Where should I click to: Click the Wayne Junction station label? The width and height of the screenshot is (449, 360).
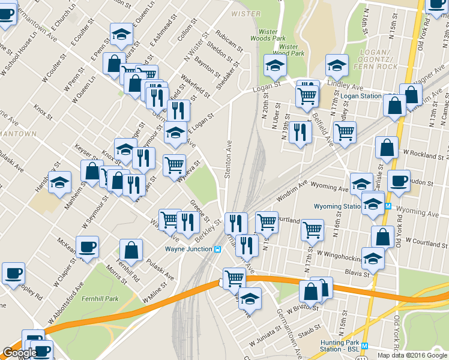click(x=188, y=248)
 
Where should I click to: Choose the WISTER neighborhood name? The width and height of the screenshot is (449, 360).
click(x=246, y=13)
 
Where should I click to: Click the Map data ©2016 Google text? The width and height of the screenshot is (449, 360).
click(x=412, y=355)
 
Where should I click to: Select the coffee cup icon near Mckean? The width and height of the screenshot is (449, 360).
click(x=87, y=246)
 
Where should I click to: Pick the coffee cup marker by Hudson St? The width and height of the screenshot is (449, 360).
click(x=399, y=181)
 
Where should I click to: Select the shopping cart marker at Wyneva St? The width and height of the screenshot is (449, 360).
click(x=174, y=164)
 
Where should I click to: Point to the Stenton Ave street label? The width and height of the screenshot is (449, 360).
click(x=228, y=159)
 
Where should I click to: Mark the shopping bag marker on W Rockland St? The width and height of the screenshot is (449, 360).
click(x=387, y=148)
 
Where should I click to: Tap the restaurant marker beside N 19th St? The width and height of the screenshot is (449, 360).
click(x=300, y=132)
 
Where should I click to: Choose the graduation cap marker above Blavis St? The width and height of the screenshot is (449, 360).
click(x=373, y=258)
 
